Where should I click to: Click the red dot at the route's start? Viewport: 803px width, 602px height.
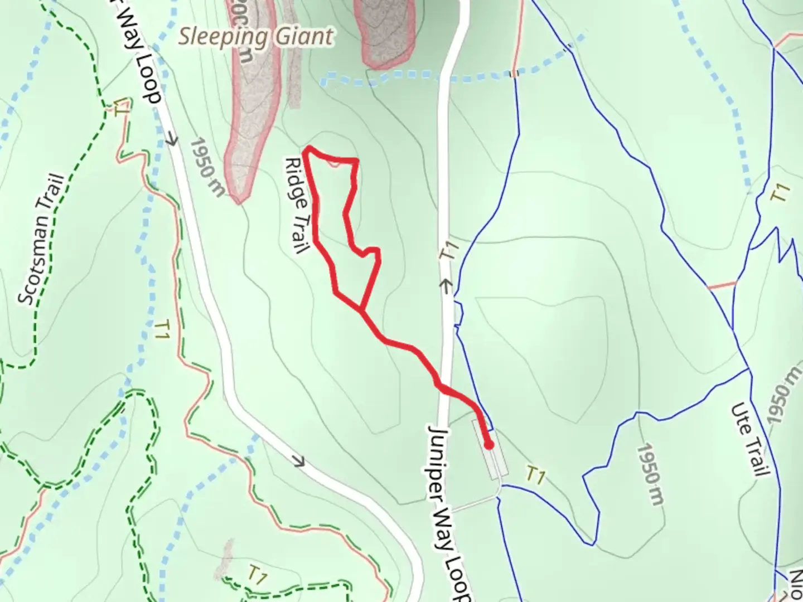click(x=488, y=445)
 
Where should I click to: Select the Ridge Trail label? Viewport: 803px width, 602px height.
click(x=297, y=205)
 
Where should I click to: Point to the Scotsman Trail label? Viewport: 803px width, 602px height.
click(x=42, y=240)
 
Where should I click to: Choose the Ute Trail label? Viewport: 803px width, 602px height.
click(x=748, y=440)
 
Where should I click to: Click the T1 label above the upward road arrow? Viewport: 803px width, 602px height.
click(x=449, y=250)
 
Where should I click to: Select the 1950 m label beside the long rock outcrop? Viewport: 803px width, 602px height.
click(x=207, y=167)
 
